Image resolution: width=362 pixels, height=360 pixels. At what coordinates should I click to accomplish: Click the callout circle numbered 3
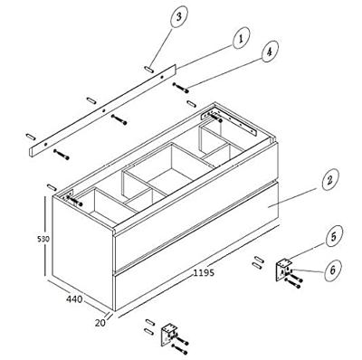coord(179,17)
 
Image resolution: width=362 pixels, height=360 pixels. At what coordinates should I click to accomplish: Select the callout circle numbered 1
coord(241,38)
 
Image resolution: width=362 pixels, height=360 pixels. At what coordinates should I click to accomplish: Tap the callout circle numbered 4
coord(270,51)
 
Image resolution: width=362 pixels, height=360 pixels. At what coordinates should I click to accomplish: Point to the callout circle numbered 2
coord(330,180)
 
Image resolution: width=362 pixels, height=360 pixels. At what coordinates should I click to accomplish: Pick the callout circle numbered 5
coord(334,236)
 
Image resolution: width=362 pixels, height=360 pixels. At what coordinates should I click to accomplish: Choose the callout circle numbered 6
coord(333,270)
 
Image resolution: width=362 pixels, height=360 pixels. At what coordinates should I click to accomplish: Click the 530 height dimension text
coord(43,239)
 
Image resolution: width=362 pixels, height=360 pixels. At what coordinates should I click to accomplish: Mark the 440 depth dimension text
coord(74,299)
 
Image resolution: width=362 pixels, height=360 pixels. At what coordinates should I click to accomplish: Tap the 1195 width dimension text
coord(204,272)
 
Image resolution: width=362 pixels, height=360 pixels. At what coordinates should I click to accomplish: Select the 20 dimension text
coord(100,323)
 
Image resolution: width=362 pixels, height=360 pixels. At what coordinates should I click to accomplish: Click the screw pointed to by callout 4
coord(181,88)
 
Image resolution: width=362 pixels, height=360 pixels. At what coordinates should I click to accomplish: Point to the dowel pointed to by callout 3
coord(149,69)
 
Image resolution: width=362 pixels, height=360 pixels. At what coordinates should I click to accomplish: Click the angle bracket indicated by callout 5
coord(283,270)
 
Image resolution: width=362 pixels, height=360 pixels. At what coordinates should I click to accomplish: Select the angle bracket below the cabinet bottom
coord(169,335)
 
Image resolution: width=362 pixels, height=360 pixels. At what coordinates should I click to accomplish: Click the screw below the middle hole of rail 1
coord(119,119)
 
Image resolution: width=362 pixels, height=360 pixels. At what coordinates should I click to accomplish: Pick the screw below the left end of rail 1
coord(62,155)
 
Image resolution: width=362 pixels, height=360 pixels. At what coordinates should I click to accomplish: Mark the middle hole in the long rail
coord(104,110)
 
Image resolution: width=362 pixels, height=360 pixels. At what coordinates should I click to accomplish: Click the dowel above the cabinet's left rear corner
coord(52,187)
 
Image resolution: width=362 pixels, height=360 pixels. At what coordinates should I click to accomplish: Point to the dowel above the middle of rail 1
coord(91,100)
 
